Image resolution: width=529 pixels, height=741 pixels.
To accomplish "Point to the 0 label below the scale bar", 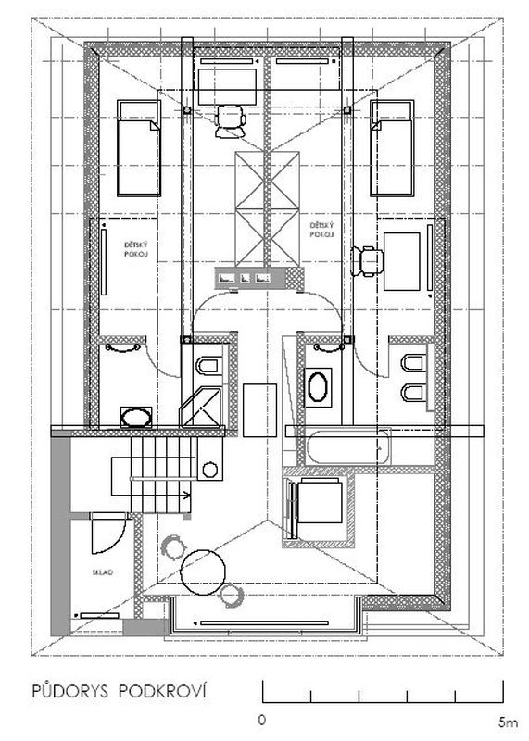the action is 262,721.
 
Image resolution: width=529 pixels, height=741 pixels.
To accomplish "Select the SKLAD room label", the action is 103,572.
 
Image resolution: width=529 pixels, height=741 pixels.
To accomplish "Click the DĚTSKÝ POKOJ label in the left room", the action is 136,249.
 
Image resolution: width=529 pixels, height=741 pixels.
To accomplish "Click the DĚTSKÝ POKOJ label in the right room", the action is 321,230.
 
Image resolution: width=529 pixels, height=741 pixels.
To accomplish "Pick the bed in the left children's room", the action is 139,148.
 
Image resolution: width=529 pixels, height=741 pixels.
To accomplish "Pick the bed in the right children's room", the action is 392,148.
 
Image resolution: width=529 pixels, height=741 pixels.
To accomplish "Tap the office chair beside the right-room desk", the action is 367,260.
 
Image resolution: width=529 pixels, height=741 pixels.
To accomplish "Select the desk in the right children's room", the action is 402,261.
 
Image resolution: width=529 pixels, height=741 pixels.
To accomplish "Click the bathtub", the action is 349,446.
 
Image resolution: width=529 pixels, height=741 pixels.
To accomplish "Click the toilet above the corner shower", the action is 209,365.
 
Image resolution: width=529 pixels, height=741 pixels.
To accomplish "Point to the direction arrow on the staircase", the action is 187,496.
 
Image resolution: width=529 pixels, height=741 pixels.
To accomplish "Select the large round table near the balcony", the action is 203,571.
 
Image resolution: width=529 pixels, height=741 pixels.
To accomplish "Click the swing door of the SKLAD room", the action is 108,534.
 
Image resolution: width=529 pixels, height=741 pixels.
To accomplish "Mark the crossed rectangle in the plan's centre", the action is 268,208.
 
